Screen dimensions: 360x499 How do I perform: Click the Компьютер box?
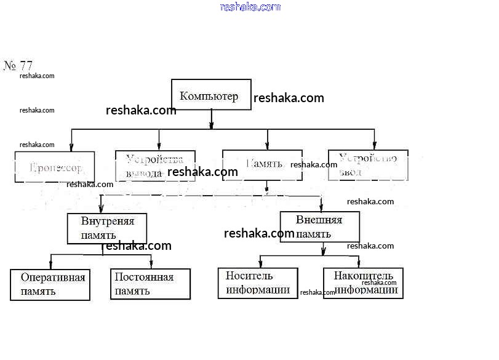click(x=210, y=95)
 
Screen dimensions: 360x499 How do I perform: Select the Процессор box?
click(x=55, y=167)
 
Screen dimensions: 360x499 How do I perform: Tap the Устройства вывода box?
click(x=155, y=166)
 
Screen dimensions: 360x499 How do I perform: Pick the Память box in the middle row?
click(x=262, y=165)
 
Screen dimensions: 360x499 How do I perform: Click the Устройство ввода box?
click(x=368, y=166)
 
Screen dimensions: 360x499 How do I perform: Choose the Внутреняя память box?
click(x=107, y=228)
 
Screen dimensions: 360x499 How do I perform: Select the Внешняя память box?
click(x=319, y=226)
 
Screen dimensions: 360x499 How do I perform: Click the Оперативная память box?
click(x=50, y=284)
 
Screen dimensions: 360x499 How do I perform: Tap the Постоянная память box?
click(x=151, y=284)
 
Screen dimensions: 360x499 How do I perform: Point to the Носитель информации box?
click(x=258, y=283)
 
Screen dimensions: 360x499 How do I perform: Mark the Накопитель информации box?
click(x=363, y=283)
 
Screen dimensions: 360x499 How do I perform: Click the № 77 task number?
click(x=18, y=65)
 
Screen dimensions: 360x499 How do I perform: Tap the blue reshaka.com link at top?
click(x=250, y=7)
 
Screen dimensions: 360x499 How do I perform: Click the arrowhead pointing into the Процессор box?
click(x=71, y=147)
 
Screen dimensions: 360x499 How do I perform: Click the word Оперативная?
click(x=53, y=278)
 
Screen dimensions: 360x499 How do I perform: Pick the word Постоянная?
click(x=144, y=278)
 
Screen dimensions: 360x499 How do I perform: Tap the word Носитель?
click(x=249, y=276)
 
